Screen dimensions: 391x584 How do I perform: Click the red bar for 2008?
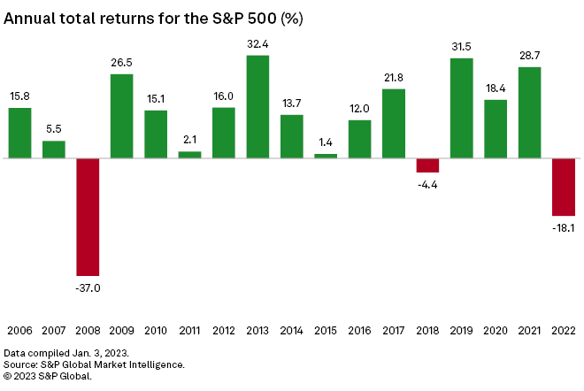coord(88,217)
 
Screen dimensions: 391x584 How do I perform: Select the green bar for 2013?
coord(257,107)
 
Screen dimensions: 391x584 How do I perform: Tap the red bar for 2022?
coord(564,187)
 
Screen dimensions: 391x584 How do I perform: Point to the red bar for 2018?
coord(427,165)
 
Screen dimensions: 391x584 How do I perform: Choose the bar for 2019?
coord(462,108)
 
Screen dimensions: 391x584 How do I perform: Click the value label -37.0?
coord(88,287)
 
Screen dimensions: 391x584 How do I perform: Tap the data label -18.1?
coord(564,227)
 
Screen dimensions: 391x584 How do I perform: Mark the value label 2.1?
coord(189,140)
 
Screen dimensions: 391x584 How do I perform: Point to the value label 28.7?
coord(530,55)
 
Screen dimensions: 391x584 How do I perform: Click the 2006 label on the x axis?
coord(19,331)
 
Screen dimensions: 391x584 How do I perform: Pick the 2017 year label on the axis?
coord(394,331)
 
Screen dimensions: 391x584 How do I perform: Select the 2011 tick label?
coord(189,331)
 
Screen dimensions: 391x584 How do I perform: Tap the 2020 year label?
coord(496,331)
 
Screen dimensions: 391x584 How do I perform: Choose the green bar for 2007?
coord(54,149)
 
